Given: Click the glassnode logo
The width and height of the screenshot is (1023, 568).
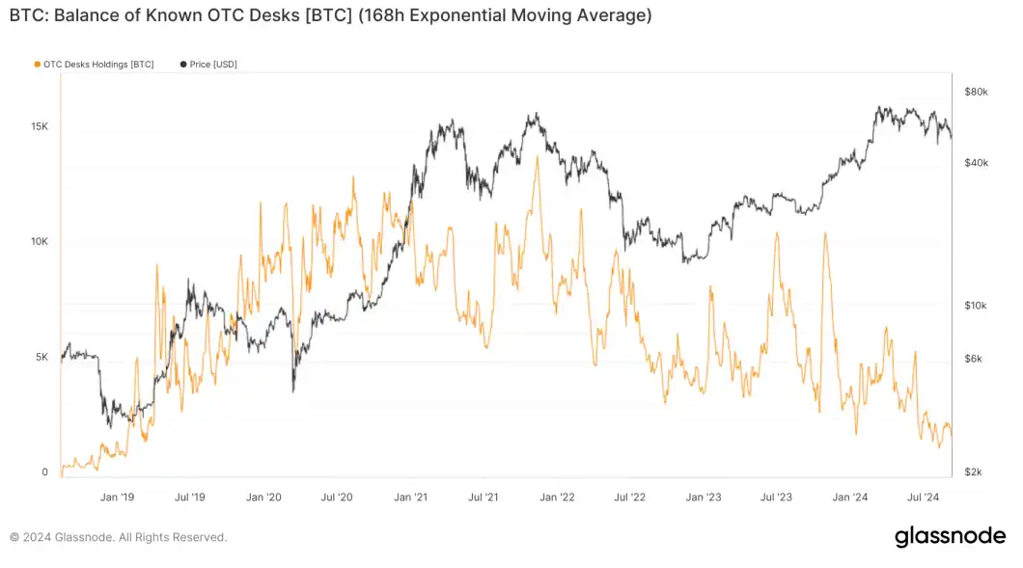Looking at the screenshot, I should [x=950, y=536].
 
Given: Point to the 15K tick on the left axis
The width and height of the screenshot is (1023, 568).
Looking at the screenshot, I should [x=39, y=127].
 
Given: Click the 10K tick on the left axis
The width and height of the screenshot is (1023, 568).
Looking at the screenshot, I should [x=39, y=242].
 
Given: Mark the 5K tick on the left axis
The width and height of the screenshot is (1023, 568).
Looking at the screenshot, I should [x=41, y=357].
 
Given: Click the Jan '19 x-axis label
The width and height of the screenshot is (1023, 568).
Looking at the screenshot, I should [x=116, y=498].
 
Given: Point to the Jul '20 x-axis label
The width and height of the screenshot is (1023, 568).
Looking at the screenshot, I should [x=337, y=498].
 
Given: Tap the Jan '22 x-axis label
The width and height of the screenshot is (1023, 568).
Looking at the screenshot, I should [x=557, y=498].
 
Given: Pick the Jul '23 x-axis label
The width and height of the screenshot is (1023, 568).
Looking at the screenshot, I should [x=776, y=498].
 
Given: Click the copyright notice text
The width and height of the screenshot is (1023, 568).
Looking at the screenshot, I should [x=118, y=537].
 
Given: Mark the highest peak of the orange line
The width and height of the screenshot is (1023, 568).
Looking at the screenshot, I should [x=537, y=156].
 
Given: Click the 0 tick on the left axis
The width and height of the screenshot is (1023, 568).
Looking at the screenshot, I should [x=44, y=473].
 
